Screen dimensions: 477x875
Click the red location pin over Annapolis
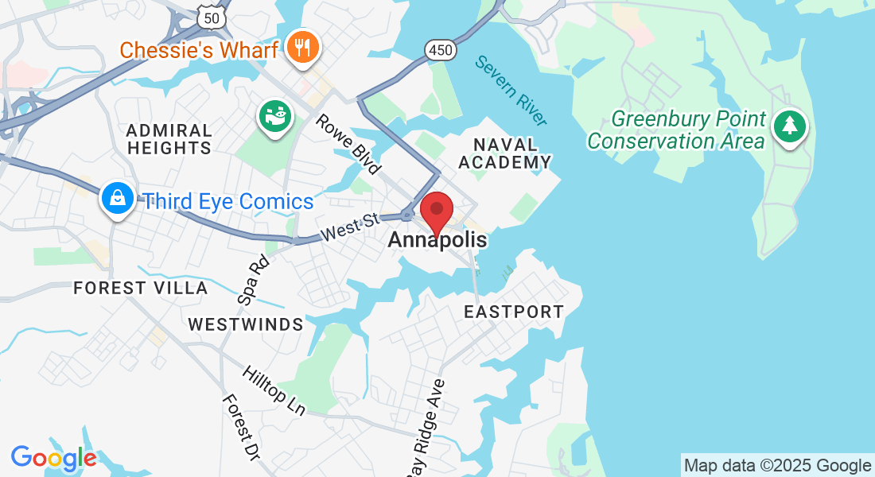coord(437,211)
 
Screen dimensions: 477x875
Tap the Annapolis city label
coord(437,240)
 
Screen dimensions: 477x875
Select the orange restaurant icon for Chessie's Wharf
coord(302,47)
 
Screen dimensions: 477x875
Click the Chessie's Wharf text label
coord(199,50)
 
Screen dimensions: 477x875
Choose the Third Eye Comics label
coord(227,202)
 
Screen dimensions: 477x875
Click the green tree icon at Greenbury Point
coord(789,126)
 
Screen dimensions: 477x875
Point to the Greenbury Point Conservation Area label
coord(676,131)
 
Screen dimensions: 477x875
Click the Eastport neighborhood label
coord(514,312)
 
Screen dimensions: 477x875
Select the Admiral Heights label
coord(169,138)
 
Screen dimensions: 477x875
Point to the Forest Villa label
coord(141,288)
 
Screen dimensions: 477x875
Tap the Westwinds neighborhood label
coord(246,324)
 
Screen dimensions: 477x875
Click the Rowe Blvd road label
coord(348,144)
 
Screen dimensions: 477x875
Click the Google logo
coord(53,459)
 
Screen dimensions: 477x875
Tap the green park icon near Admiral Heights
coord(276,118)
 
